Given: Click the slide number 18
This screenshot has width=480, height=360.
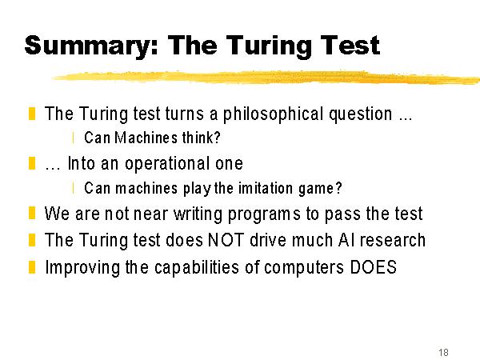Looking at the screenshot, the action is [x=443, y=352].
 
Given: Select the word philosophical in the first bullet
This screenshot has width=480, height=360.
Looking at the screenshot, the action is [x=273, y=114].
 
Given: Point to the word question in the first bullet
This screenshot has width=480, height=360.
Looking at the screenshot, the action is [x=361, y=114].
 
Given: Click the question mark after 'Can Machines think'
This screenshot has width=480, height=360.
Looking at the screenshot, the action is [x=217, y=138].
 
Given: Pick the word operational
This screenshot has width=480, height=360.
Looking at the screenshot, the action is [x=168, y=164].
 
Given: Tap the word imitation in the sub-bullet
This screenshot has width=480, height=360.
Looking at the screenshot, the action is [x=265, y=188].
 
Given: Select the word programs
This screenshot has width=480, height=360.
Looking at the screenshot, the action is [x=265, y=214].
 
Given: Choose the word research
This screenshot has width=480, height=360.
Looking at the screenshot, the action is [x=393, y=240].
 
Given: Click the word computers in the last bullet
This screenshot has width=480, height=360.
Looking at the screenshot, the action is [x=304, y=268].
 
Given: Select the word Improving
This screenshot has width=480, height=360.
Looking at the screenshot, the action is [x=82, y=268].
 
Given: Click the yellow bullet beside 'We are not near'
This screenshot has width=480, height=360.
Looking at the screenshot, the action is [x=32, y=213].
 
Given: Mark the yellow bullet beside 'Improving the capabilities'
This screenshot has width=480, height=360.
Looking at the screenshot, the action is [x=32, y=266].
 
